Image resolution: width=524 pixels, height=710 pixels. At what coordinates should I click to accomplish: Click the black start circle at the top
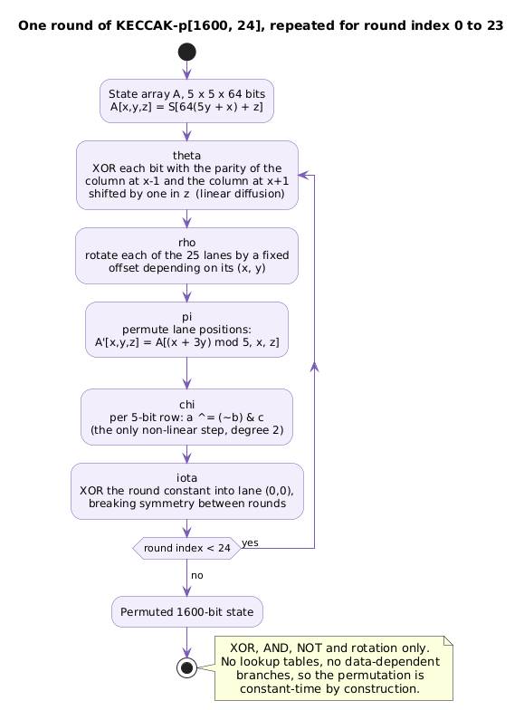click(x=186, y=52)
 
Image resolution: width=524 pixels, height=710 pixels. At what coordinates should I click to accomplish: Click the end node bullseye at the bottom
click(x=186, y=667)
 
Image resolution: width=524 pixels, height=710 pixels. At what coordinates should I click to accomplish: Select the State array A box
click(x=186, y=101)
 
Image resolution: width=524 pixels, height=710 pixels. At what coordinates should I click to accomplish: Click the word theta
click(x=186, y=156)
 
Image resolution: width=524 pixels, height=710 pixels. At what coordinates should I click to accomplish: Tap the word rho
click(x=186, y=243)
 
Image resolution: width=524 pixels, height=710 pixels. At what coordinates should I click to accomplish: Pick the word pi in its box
click(x=186, y=317)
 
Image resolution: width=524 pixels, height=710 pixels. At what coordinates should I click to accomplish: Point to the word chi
click(x=186, y=404)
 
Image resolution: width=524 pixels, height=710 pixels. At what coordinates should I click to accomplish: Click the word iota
click(x=186, y=478)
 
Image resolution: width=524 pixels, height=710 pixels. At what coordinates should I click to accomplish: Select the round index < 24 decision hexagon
click(x=186, y=548)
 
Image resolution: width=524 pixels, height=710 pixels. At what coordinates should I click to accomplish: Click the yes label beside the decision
click(x=250, y=542)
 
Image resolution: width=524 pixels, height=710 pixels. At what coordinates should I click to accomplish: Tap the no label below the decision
click(x=197, y=575)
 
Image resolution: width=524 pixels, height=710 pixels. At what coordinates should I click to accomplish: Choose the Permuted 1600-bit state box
click(x=186, y=611)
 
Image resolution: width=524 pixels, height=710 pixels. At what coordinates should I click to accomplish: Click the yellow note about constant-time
click(x=333, y=668)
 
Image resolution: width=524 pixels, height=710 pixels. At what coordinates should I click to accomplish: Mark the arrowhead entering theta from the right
click(x=303, y=175)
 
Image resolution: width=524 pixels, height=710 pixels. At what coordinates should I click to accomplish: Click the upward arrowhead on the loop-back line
click(x=314, y=367)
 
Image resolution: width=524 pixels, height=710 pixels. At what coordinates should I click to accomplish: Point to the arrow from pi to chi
click(x=186, y=373)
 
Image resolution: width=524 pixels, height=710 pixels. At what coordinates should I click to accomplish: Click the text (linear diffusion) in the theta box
click(x=241, y=194)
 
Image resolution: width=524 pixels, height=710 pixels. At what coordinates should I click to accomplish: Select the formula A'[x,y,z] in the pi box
click(x=117, y=342)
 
